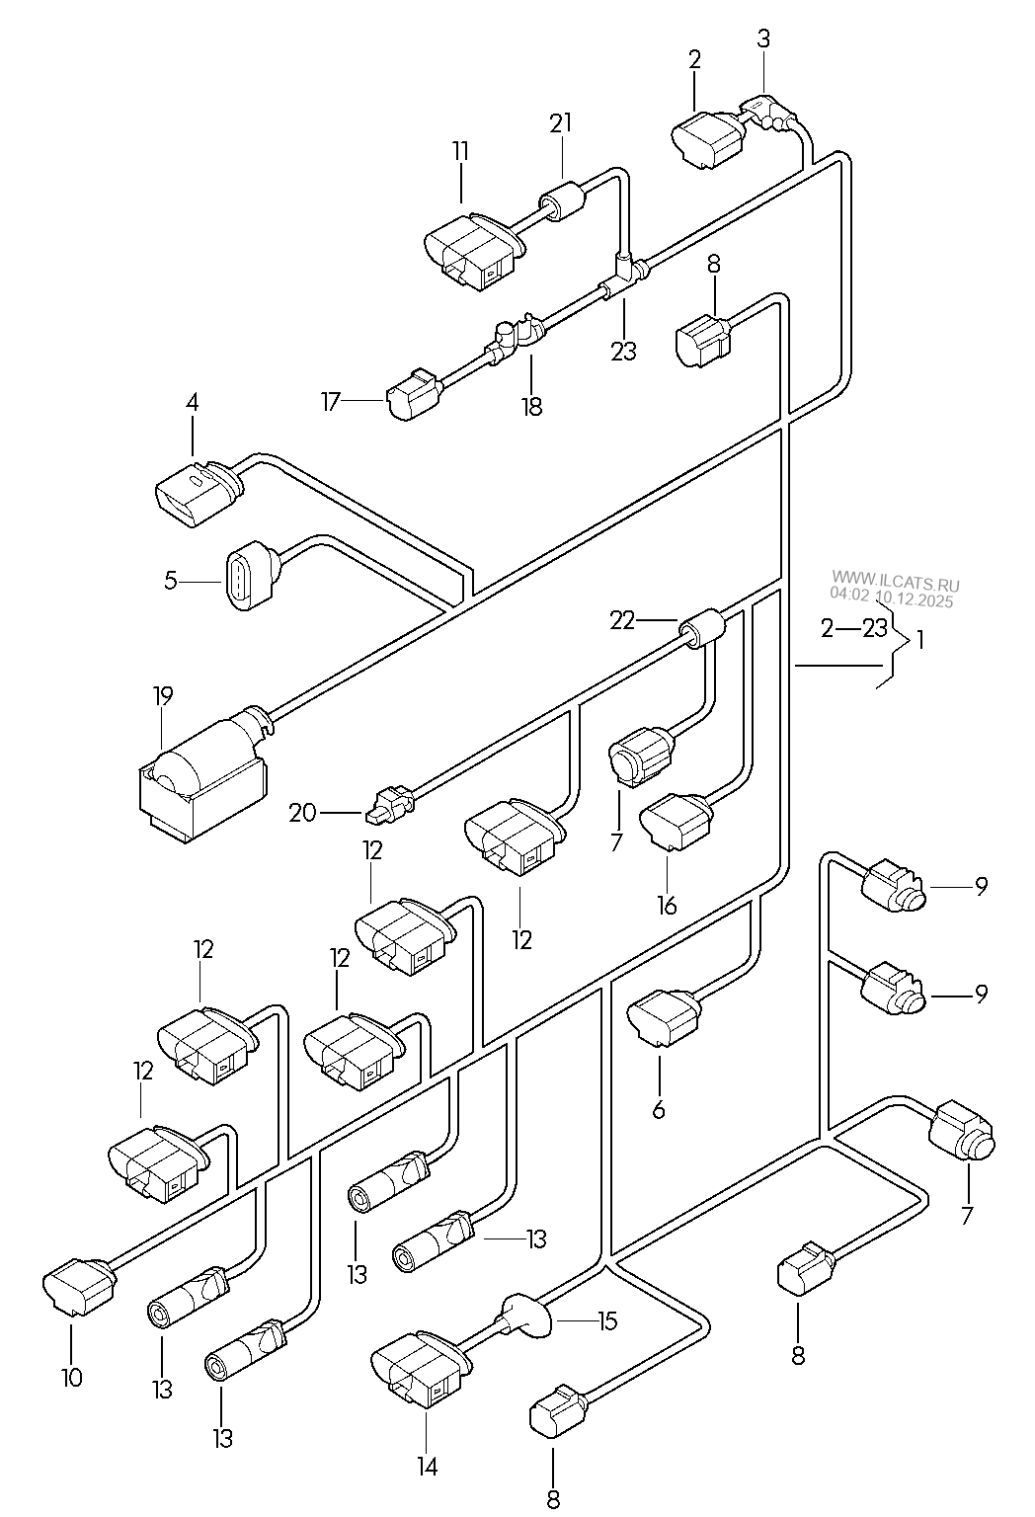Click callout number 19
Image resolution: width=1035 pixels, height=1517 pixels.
162,695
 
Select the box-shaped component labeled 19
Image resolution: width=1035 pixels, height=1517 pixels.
202,780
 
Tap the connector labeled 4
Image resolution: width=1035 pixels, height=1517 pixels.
196,494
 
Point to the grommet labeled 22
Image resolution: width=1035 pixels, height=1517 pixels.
701,628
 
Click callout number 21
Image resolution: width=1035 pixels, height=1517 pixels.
561,122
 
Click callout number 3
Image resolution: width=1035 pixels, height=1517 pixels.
764,39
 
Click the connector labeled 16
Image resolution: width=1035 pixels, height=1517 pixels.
676,821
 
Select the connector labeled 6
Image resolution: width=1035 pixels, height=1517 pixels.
664,1018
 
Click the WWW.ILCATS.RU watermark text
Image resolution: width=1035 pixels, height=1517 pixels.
896,581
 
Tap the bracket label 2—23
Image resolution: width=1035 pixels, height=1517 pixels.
853,628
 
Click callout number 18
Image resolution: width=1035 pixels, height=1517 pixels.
532,406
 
